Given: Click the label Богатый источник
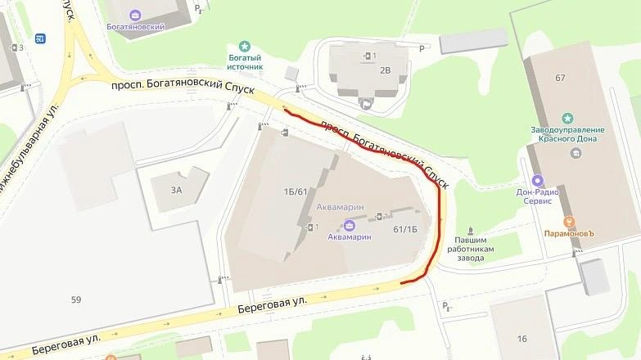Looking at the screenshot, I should click(x=245, y=62).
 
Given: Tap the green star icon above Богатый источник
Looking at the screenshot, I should click(x=244, y=46).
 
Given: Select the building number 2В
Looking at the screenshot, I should click(x=386, y=70).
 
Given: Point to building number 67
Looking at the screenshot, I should click(x=560, y=78).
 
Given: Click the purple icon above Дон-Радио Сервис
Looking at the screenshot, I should click(x=537, y=181).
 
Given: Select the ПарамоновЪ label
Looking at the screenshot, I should click(x=568, y=233).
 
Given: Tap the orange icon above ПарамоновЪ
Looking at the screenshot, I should click(x=569, y=221).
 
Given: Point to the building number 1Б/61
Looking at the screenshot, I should click(x=295, y=191).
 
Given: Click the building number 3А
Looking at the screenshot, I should click(x=176, y=190).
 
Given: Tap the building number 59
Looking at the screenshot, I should click(x=76, y=299).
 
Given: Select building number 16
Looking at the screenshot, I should click(x=522, y=337).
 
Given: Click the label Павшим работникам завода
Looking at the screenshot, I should click(x=470, y=249).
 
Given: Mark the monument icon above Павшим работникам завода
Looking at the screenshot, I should click(x=471, y=231).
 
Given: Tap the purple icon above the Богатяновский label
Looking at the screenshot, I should click(x=135, y=14).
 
